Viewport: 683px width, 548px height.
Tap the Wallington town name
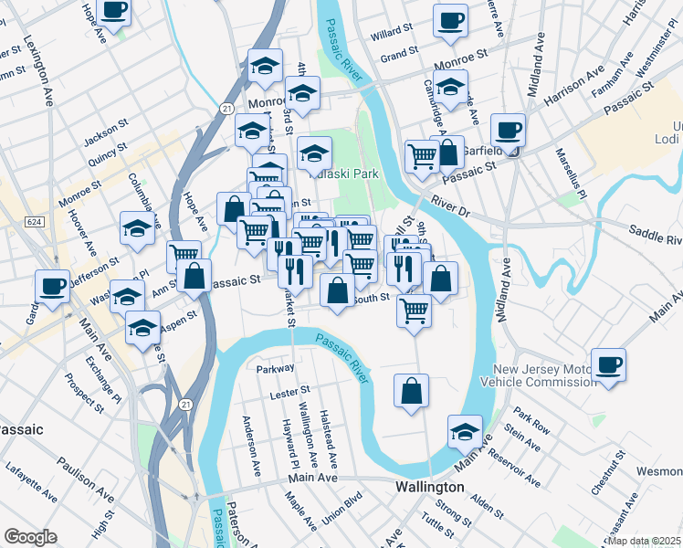coord(431,487)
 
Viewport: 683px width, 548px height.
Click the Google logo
coord(30,537)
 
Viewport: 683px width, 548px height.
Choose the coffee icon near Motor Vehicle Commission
coord(608,364)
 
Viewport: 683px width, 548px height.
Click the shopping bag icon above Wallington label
coord(412,391)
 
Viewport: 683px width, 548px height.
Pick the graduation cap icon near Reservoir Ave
coord(465,430)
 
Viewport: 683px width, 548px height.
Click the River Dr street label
coord(449,209)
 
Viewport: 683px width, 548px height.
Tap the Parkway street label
coord(276,369)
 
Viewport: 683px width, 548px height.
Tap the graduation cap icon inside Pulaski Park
coord(314,152)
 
